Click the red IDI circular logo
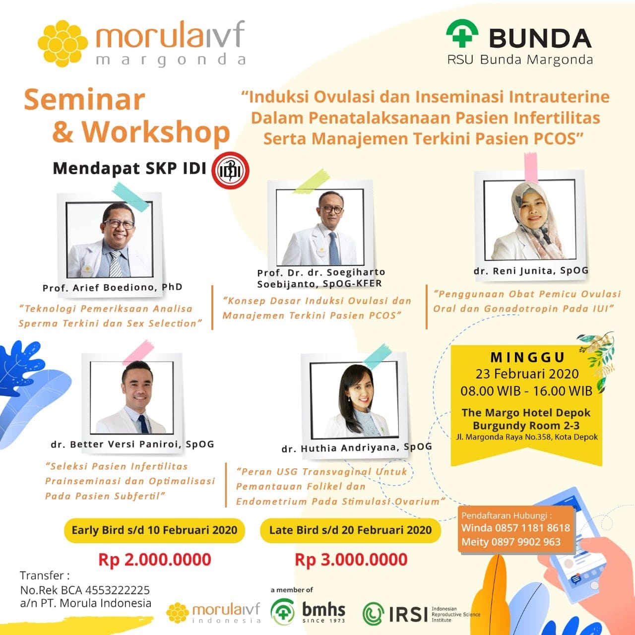(230, 170)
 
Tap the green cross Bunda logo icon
(462, 33)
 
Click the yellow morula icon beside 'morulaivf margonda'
(63, 44)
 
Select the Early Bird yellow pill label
(155, 530)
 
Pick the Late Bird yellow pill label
(350, 530)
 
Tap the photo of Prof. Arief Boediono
(110, 240)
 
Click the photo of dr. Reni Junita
(529, 220)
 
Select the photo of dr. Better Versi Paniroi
(132, 397)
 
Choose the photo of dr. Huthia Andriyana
(354, 400)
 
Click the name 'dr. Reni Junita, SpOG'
(531, 271)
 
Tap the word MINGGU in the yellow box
(527, 357)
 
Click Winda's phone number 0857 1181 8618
(533, 528)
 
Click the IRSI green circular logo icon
(374, 613)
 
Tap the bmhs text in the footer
(323, 610)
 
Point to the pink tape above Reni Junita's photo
(531, 167)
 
